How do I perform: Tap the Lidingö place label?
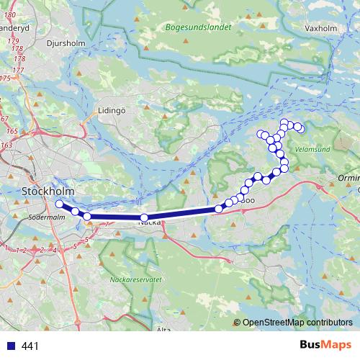coord(112,111)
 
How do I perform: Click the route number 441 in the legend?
coord(30,346)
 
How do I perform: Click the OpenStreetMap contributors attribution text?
coord(297,322)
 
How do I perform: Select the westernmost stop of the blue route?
coord(60,204)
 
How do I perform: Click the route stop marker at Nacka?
coord(144,217)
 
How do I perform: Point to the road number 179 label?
coord(13,42)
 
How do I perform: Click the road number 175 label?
coord(5,78)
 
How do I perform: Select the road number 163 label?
coord(6,145)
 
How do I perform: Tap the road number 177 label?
coord(19,70)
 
